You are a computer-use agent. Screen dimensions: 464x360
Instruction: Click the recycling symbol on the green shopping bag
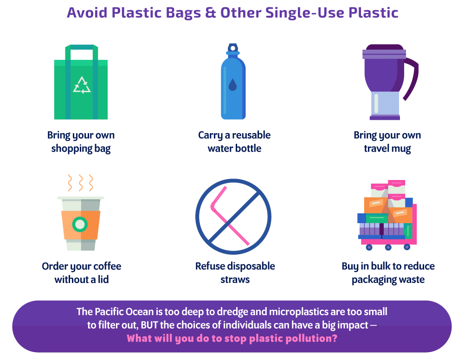click(x=82, y=85)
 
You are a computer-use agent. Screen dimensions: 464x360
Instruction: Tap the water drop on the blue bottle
click(x=232, y=84)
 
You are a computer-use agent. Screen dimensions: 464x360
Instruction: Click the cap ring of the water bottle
click(x=232, y=48)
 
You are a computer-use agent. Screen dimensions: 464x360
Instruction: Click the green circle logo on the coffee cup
click(x=80, y=225)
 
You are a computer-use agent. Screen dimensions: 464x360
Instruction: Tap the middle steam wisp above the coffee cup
click(x=80, y=183)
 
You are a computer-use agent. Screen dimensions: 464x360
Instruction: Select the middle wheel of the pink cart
click(x=388, y=247)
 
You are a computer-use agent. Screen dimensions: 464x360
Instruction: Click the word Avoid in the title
click(x=87, y=13)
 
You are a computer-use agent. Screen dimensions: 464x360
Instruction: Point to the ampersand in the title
click(x=210, y=13)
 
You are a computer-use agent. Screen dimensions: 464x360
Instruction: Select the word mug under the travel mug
click(x=401, y=148)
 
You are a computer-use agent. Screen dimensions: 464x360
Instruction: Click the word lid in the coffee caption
click(x=103, y=279)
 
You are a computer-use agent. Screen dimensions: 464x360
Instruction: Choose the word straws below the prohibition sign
click(x=235, y=280)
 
